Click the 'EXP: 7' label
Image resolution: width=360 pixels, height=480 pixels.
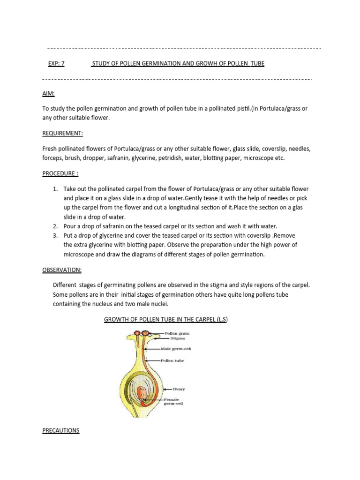point(56,63)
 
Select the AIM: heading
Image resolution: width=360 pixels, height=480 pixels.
point(48,94)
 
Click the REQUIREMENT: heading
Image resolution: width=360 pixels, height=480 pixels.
point(62,134)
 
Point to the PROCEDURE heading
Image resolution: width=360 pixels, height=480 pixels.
point(60,173)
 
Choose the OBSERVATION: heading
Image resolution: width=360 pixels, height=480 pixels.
point(62,270)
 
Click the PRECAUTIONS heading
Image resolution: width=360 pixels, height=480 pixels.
point(60,430)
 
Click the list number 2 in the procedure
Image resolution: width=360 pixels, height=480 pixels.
point(55,226)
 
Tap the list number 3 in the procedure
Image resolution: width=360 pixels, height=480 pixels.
point(55,235)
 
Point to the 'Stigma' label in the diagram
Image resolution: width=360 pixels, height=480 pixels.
point(178,338)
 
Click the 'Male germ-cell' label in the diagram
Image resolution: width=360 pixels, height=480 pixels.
point(176,349)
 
